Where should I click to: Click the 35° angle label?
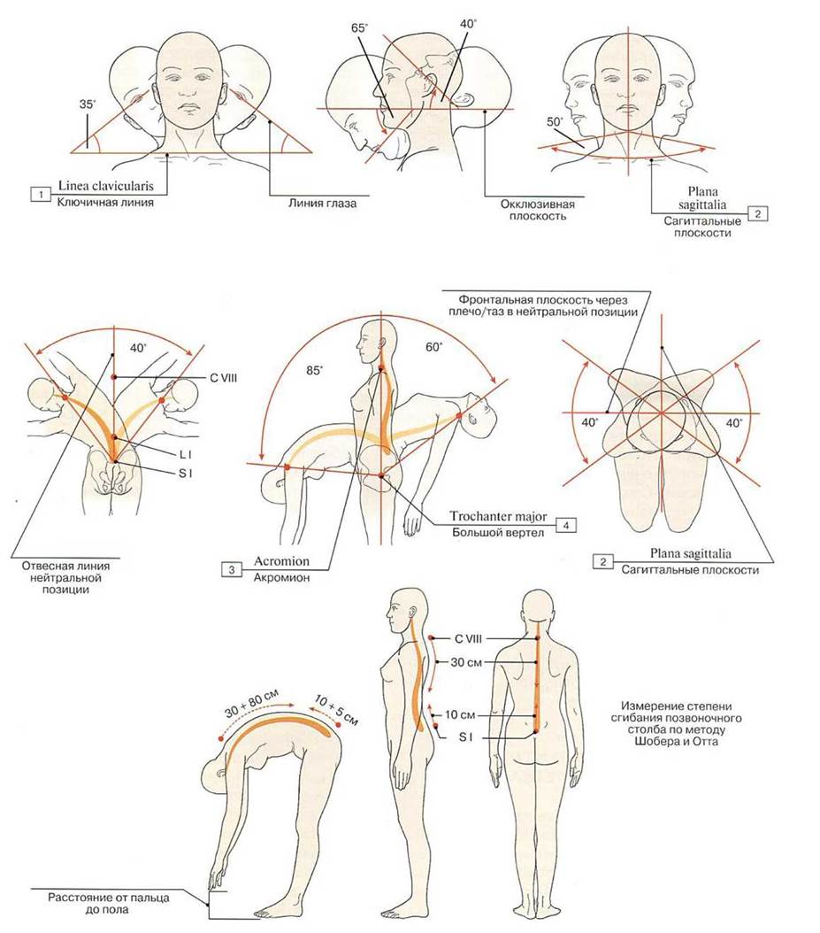88,104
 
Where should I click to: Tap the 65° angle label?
359,28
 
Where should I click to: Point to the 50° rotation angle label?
555,121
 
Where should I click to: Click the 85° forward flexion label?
314,370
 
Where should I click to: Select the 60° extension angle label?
434,346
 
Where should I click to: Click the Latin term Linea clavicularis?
106,186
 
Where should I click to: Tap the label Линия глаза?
323,204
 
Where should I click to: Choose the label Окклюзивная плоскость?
538,210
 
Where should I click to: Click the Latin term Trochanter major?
498,516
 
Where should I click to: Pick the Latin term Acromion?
282,560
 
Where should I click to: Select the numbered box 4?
566,525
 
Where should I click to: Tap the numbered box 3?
232,569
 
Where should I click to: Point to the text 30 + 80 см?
251,704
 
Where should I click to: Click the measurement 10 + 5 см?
336,711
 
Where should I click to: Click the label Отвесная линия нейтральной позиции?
65,578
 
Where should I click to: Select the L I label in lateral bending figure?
186,455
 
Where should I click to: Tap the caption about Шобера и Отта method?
677,723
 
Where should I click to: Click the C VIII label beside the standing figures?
468,639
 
